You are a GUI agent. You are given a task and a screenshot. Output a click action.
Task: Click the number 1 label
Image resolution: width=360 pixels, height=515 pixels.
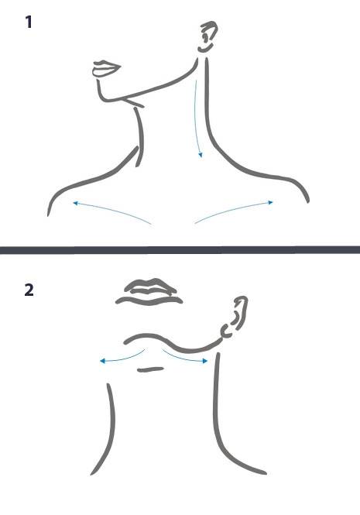(x=29, y=22)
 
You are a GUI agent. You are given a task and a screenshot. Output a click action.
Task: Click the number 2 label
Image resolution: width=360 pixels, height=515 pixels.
(x=29, y=290)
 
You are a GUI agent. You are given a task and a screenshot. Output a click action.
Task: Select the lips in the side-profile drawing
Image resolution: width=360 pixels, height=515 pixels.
(x=106, y=69)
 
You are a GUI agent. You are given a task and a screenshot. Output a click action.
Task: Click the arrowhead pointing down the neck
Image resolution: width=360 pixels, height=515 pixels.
(x=201, y=155)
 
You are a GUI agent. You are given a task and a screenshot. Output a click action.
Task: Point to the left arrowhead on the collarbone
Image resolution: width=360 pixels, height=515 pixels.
(x=75, y=204)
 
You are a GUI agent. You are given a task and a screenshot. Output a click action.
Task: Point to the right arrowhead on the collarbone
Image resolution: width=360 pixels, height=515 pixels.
(x=270, y=202)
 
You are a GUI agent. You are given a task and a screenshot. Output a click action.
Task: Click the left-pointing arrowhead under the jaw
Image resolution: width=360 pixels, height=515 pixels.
(x=102, y=362)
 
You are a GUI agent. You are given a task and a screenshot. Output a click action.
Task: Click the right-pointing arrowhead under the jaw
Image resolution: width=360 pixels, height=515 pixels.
(x=205, y=361)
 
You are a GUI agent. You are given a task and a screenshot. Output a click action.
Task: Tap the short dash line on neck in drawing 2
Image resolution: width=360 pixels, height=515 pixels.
(x=150, y=369)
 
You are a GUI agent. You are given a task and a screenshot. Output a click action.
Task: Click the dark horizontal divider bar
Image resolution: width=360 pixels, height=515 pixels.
(x=180, y=250)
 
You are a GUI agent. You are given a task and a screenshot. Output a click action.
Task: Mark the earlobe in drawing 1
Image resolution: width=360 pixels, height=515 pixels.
(x=204, y=50)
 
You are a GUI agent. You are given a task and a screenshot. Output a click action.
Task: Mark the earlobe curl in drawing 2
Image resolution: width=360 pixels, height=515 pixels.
(x=225, y=331)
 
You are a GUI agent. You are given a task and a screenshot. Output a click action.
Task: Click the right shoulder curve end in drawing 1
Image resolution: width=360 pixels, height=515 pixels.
(x=308, y=201)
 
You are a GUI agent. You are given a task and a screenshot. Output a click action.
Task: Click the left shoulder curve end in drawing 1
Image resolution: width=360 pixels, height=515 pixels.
(x=48, y=215)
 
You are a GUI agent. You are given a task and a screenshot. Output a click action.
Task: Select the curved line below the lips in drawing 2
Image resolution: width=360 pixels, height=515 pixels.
(x=149, y=300)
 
